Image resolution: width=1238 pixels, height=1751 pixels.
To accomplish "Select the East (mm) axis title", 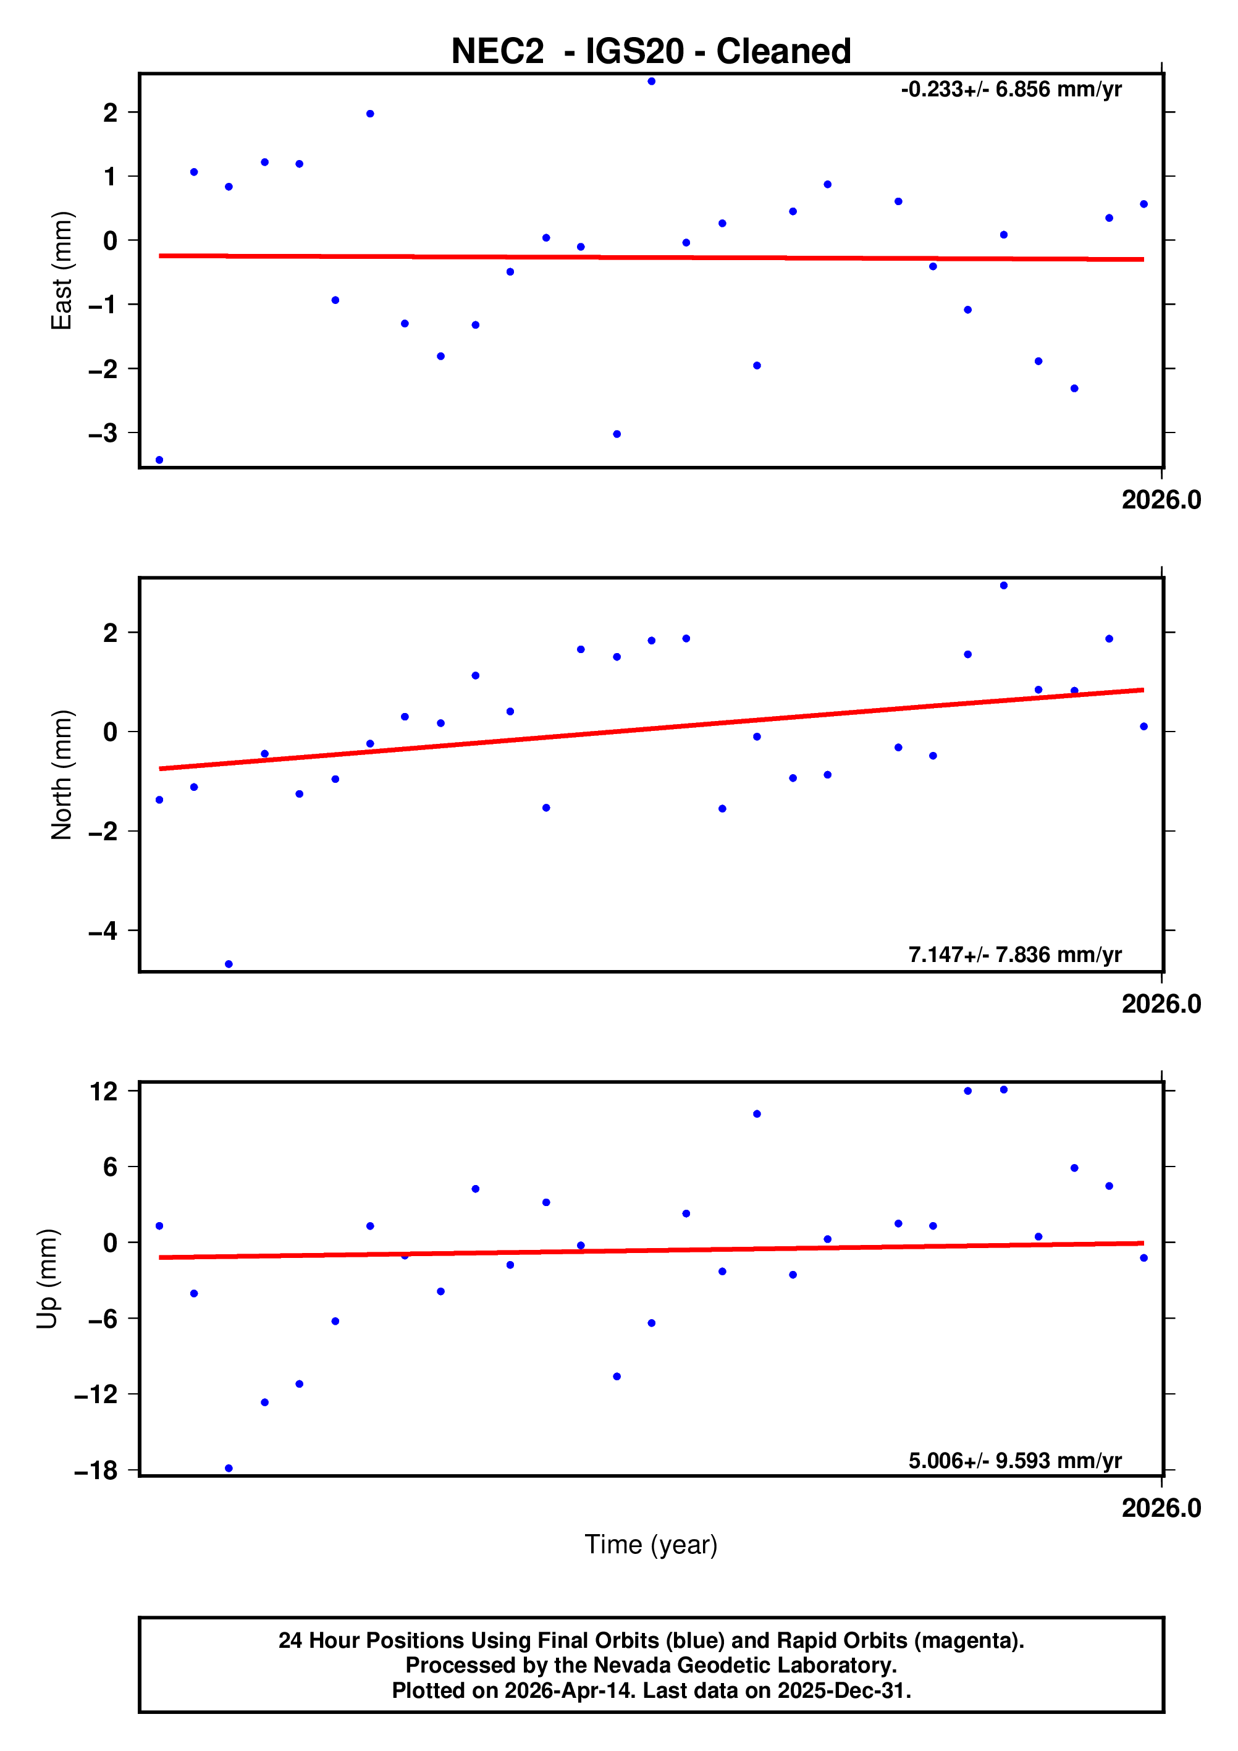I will coord(61,271).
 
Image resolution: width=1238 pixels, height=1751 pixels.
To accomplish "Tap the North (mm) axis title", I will coord(61,775).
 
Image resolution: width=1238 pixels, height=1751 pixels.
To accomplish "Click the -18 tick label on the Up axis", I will coord(95,1470).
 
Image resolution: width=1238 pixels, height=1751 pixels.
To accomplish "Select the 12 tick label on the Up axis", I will coord(104,1091).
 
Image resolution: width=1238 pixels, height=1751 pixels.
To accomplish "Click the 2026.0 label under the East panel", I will coord(1160,500).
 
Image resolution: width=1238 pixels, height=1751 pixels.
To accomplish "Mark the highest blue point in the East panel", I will coord(651,82).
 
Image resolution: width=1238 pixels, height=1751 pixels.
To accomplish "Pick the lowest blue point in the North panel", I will coord(229,964).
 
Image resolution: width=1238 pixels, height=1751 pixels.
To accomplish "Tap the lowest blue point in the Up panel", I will coord(229,1468).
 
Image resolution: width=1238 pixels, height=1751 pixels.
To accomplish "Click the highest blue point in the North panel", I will coord(1003,586).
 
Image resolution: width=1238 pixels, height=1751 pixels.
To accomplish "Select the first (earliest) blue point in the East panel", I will coord(159,460).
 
